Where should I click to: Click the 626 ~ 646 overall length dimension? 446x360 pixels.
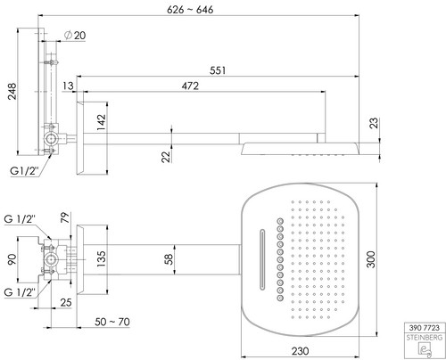[x=190, y=10]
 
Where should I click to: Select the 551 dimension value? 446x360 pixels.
[x=218, y=70]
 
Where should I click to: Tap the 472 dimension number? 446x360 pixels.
[x=190, y=86]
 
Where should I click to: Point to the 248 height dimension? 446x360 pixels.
[x=12, y=92]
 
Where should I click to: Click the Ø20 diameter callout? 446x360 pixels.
[x=75, y=36]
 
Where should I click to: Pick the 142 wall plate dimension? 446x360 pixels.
[x=102, y=122]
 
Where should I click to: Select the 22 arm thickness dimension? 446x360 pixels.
[x=167, y=157]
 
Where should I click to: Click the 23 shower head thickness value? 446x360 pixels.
[x=375, y=123]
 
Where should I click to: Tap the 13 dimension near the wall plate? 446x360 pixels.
[x=68, y=86]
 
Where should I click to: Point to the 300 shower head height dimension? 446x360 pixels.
[x=371, y=259]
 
